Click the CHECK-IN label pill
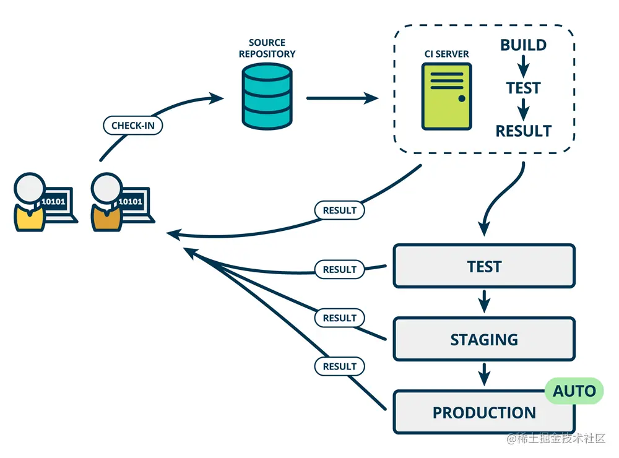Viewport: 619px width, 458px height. point(132,125)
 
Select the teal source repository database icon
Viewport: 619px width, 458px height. point(266,97)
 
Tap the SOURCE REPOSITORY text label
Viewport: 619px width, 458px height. point(267,48)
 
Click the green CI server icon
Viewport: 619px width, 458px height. point(446,97)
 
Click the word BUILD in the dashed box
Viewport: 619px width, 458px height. point(523,45)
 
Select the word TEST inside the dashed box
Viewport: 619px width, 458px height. point(523,88)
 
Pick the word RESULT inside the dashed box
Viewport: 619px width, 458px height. point(523,131)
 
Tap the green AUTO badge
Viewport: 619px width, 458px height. point(574,391)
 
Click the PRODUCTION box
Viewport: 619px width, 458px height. point(483,412)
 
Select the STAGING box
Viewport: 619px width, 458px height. point(483,339)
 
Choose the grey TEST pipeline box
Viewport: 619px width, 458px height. point(483,266)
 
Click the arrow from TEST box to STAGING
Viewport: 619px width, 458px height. point(484,303)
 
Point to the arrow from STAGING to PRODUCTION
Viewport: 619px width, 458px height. point(484,376)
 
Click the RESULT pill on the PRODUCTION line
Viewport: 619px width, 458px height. point(339,366)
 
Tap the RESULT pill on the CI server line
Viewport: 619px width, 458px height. point(339,210)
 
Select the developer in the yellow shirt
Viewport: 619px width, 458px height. point(30,204)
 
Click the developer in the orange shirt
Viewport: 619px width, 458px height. point(106,204)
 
